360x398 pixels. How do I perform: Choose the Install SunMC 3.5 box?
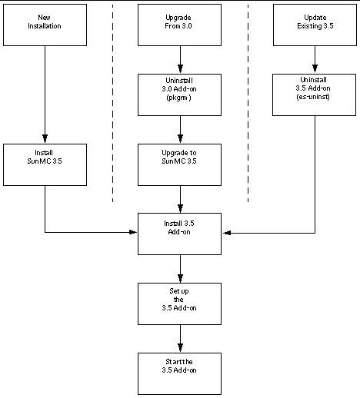point(45,164)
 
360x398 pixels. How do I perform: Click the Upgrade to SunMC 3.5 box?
point(180,164)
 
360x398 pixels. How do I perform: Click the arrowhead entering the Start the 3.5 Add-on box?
point(180,348)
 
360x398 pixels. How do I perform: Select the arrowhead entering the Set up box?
point(180,278)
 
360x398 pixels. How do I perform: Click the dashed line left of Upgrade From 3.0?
point(113,100)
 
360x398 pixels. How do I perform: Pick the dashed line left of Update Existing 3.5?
point(248,100)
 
